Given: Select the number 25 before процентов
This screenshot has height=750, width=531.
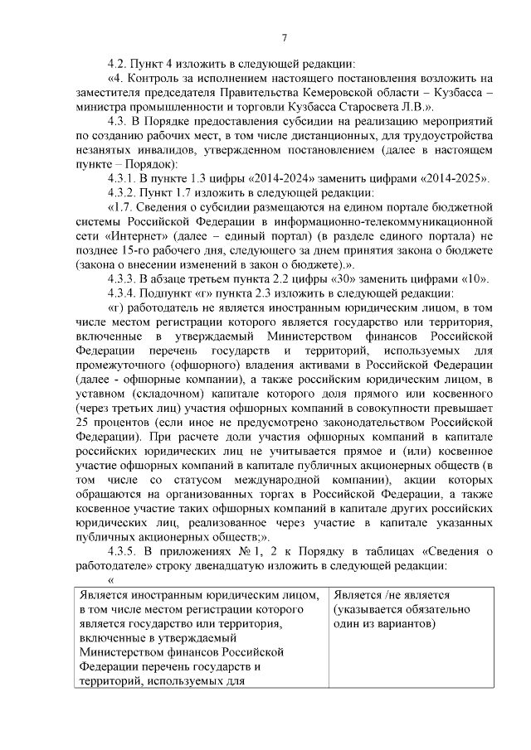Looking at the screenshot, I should (x=85, y=422).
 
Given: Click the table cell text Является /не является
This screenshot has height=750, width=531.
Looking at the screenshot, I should (x=391, y=596).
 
